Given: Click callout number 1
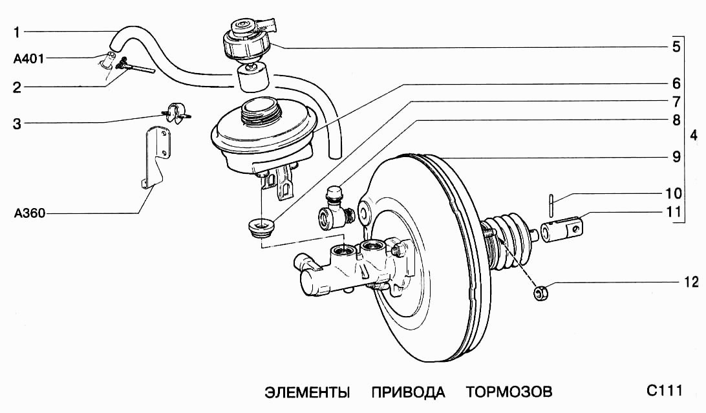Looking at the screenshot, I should coord(17,31).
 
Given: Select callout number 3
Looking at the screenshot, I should coord(17,123).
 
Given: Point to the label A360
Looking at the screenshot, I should coord(28,213).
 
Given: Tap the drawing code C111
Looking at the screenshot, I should coord(663,391).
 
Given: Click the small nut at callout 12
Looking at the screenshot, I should coord(541,293).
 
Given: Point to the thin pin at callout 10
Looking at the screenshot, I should coord(550,205).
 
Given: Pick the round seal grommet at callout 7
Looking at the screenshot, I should coord(262,228).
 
